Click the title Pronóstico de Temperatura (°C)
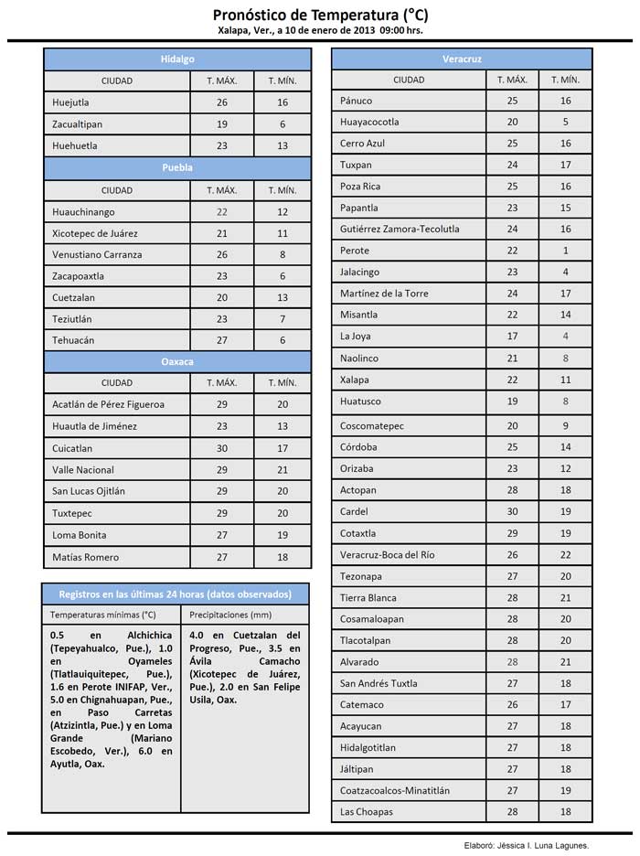(320, 15)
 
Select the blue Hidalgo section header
(177, 59)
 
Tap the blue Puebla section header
(177, 168)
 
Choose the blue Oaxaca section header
(177, 361)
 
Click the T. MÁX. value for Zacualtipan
(221, 124)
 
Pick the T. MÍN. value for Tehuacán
(283, 340)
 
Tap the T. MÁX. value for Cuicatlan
(221, 448)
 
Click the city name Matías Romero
(86, 557)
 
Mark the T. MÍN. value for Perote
(566, 251)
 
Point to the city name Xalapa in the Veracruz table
(355, 380)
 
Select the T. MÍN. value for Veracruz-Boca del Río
(566, 555)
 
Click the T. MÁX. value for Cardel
(512, 511)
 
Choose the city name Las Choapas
(367, 811)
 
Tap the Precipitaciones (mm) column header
(231, 615)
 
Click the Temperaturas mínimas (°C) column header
(103, 615)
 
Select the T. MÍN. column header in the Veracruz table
(566, 80)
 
